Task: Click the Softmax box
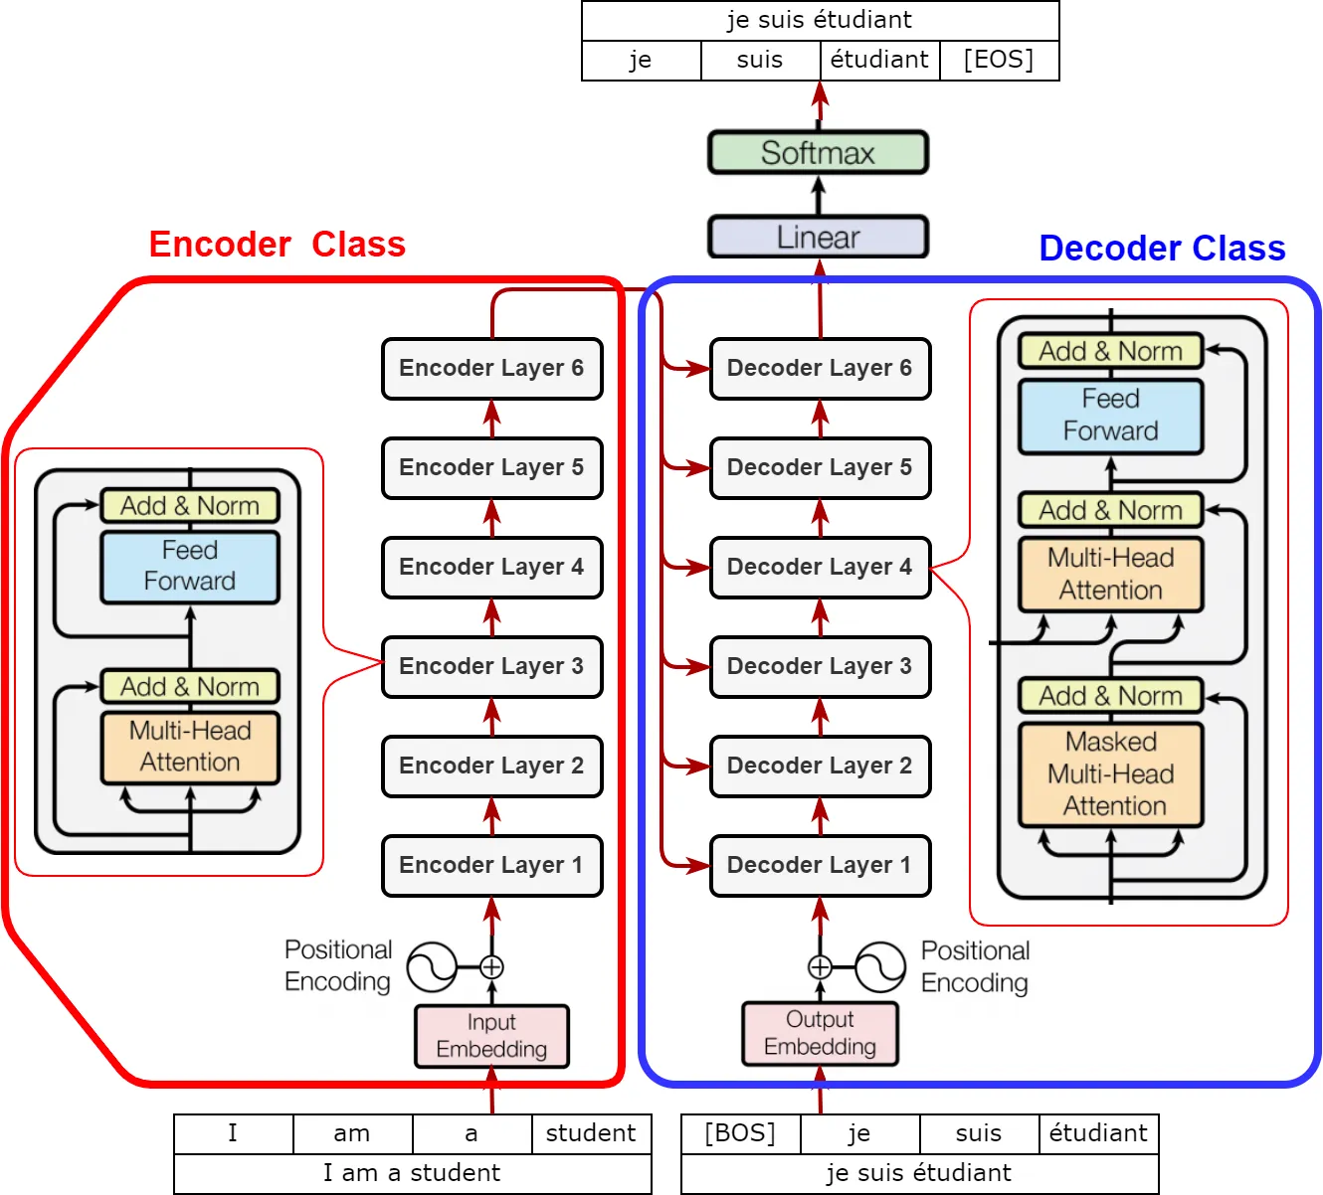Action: tap(818, 153)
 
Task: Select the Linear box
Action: tap(818, 238)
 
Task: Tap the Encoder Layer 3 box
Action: tap(491, 666)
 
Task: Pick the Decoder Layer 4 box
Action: tap(820, 567)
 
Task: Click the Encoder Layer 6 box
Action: tap(491, 368)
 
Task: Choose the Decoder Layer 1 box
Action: tap(820, 865)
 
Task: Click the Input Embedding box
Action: tap(491, 1036)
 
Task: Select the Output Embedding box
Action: tap(820, 1034)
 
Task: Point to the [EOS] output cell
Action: tap(999, 60)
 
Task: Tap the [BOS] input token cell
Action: tap(740, 1133)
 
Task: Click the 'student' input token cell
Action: tap(591, 1133)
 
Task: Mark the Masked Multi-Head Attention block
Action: tap(1111, 774)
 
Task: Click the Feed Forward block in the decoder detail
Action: tap(1111, 416)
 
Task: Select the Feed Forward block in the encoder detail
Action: tap(190, 567)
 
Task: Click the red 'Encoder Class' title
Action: tap(277, 245)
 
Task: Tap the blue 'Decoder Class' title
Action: tap(1162, 249)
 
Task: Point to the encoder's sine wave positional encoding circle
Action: tap(432, 966)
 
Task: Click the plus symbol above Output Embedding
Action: tap(820, 966)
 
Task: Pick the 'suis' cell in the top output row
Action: tap(760, 60)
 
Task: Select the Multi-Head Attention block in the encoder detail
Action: tap(190, 748)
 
